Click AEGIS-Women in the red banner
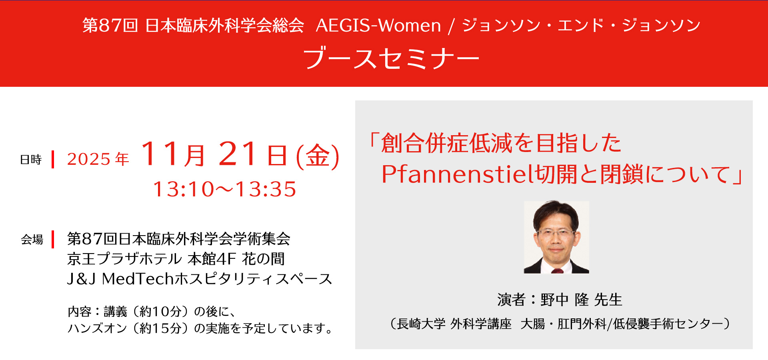(378, 26)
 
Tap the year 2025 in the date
(89, 159)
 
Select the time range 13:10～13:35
(224, 189)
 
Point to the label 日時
(31, 160)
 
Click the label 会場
(32, 240)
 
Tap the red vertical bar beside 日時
(53, 160)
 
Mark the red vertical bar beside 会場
(53, 239)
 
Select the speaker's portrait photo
(556, 237)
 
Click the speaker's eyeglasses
(556, 233)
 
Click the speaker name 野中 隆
(565, 300)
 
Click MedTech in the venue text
(138, 279)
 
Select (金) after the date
(318, 156)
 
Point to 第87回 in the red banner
(110, 26)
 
